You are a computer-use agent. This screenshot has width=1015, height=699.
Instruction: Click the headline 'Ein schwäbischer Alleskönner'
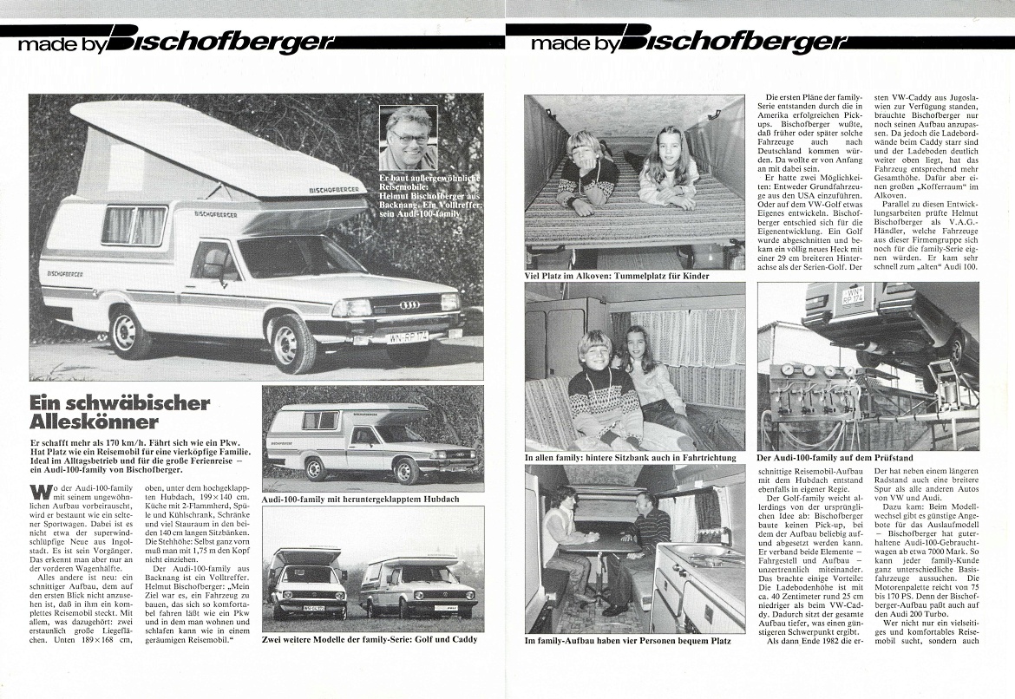(119, 413)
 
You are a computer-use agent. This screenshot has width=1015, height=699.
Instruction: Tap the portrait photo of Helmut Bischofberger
(409, 138)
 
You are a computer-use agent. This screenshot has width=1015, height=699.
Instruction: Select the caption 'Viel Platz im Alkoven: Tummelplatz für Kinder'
(617, 276)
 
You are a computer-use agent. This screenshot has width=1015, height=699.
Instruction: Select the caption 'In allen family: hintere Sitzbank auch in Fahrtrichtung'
(630, 457)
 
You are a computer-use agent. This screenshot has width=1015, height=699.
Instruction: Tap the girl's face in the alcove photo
(667, 143)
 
